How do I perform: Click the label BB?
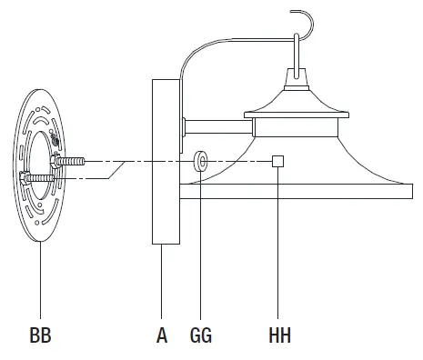(x=40, y=335)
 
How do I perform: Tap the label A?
(x=162, y=335)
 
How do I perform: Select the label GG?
(x=201, y=335)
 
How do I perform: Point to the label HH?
(x=279, y=335)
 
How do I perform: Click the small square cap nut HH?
(x=277, y=161)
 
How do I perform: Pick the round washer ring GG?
(x=201, y=161)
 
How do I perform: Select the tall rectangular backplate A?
(x=166, y=162)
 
